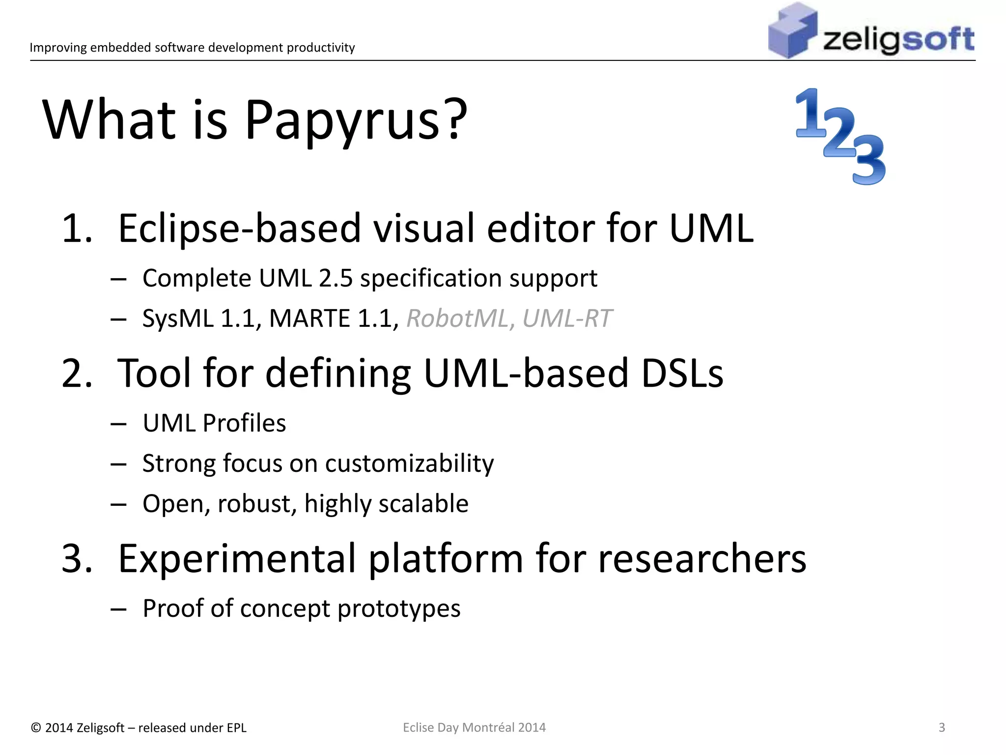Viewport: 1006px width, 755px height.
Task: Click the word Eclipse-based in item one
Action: [239, 229]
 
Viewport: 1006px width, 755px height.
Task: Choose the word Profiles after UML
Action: [244, 423]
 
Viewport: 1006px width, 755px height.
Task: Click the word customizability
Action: [409, 464]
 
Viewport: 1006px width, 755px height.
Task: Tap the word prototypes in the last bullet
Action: [398, 609]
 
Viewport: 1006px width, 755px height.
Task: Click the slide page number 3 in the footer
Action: [942, 727]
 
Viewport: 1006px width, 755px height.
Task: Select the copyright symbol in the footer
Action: [35, 728]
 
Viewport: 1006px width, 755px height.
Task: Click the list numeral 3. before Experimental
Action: [77, 559]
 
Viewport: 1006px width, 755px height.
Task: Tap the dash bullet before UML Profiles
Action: [118, 424]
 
